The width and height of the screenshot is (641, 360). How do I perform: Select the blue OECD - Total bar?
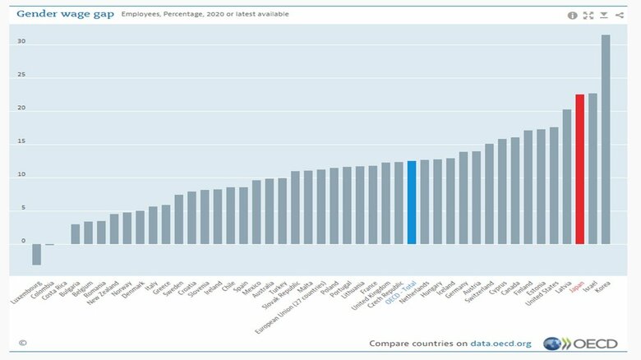[x=412, y=202]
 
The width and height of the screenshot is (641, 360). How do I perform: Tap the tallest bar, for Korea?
[x=606, y=140]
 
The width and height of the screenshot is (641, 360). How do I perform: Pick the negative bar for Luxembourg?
[x=36, y=254]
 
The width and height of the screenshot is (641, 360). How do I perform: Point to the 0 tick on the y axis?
[x=23, y=242]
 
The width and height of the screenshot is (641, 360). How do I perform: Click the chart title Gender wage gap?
[x=63, y=14]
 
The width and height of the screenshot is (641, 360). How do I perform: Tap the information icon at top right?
[x=573, y=15]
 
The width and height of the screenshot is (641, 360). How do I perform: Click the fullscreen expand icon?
[x=588, y=15]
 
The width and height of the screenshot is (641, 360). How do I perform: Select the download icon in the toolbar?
[x=603, y=15]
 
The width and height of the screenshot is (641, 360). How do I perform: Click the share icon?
[x=619, y=15]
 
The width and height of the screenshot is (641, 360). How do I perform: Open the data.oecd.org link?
[x=500, y=344]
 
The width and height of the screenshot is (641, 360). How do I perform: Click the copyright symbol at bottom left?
[x=23, y=343]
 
